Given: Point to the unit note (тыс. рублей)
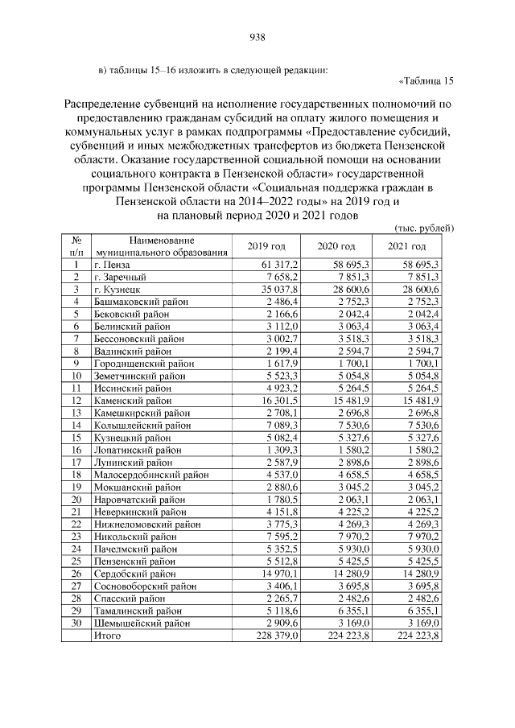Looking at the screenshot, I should (x=425, y=228).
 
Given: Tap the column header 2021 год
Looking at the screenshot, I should (x=406, y=246).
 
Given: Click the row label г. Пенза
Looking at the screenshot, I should (x=112, y=264).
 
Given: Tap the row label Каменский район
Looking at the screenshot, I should (x=133, y=399).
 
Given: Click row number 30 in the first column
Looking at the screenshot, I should (x=75, y=622).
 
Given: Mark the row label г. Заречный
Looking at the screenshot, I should (x=118, y=277).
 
